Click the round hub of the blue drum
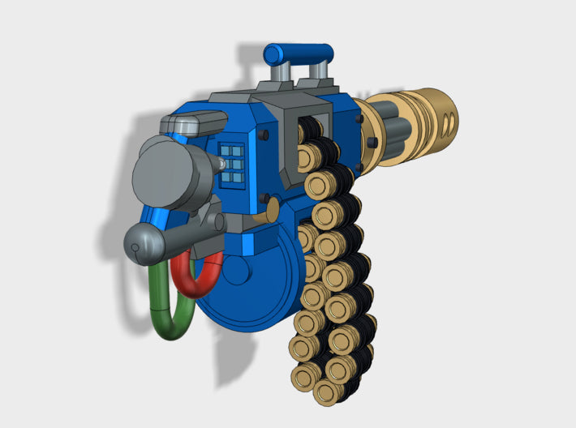(236, 270)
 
